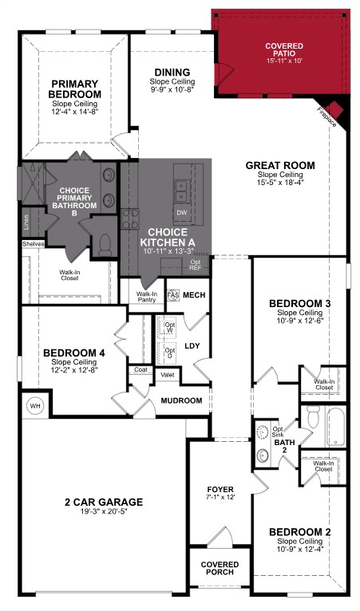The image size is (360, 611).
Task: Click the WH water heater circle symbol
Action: (x=34, y=405)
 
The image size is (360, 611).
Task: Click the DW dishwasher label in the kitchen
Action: (x=181, y=212)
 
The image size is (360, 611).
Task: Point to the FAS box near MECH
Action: (x=173, y=295)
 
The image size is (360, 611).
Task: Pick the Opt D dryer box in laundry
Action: (x=169, y=350)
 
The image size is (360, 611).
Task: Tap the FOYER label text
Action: (x=220, y=490)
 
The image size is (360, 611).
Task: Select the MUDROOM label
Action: (x=181, y=400)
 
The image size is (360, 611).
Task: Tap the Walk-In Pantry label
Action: (x=146, y=297)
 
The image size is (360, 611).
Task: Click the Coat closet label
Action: (x=140, y=369)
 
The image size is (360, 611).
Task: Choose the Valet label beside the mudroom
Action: (x=168, y=374)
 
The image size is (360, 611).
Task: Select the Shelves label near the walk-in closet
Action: (x=33, y=244)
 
